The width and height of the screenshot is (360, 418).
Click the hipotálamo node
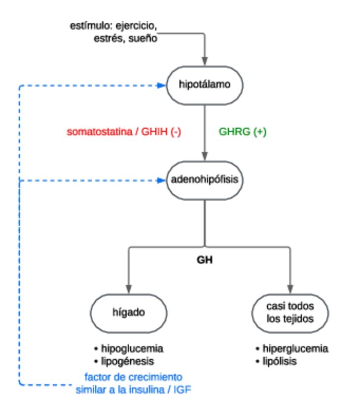click(x=205, y=85)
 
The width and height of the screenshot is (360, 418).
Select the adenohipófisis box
click(x=205, y=180)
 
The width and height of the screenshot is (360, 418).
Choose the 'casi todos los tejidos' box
click(x=290, y=313)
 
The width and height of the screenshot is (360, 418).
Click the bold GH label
click(x=205, y=260)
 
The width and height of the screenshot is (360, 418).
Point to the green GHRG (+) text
click(x=243, y=132)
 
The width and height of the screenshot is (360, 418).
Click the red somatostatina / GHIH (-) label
click(x=124, y=132)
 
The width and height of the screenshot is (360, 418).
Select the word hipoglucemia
click(x=132, y=348)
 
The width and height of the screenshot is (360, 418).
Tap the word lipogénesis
click(x=127, y=361)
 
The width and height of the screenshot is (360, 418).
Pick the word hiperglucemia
click(x=295, y=348)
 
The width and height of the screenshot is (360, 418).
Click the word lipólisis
click(x=280, y=361)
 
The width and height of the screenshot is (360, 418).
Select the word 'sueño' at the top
click(x=144, y=38)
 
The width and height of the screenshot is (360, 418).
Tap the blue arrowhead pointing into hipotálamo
click(x=160, y=86)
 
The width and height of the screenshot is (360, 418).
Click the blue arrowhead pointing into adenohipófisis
click(x=160, y=180)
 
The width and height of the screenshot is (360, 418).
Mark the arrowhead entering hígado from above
click(x=129, y=289)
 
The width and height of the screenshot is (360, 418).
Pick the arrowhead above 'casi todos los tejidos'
click(x=290, y=289)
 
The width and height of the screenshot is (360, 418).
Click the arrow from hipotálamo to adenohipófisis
click(x=205, y=133)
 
